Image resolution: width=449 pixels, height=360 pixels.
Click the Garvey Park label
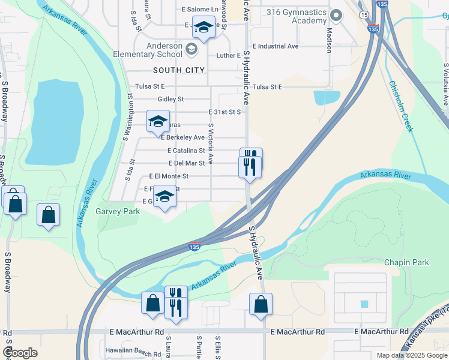pyautogui.click(x=118, y=211)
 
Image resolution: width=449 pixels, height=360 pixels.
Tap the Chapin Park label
pyautogui.click(x=406, y=262)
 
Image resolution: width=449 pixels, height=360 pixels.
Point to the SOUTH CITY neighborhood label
pyautogui.click(x=179, y=70)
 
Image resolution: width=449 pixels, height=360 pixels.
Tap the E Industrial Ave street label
pyautogui.click(x=276, y=46)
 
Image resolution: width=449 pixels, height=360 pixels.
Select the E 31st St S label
pyautogui.click(x=224, y=112)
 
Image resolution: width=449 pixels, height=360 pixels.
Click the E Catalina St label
pyautogui.click(x=186, y=151)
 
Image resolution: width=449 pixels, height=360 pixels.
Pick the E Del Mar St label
pyautogui.click(x=187, y=163)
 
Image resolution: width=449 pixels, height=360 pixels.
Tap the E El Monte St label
pyautogui.click(x=169, y=176)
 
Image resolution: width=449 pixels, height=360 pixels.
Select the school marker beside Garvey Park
pyautogui.click(x=164, y=197)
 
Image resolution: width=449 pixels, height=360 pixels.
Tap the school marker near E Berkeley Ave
pyautogui.click(x=158, y=122)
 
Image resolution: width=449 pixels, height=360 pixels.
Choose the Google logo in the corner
pyautogui.click(x=20, y=353)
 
